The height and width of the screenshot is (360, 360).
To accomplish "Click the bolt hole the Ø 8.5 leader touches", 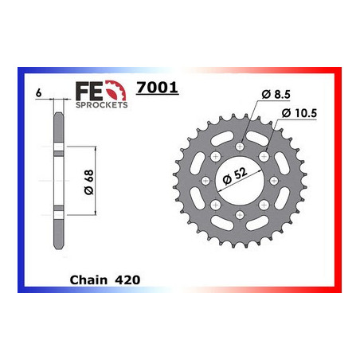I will click(241, 146).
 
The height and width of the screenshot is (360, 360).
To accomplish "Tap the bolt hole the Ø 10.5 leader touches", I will click(264, 158).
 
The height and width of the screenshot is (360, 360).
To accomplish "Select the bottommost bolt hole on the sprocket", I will click(241, 213).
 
